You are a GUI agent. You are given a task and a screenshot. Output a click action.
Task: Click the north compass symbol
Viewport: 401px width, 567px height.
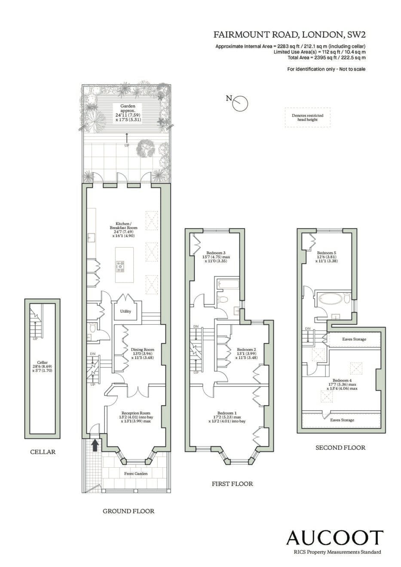(240, 104)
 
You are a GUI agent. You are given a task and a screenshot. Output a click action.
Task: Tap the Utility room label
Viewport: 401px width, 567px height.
(126, 311)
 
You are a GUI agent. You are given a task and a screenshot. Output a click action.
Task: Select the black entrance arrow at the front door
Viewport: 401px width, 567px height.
(95, 445)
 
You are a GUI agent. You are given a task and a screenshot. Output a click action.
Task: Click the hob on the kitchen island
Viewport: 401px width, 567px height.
(120, 267)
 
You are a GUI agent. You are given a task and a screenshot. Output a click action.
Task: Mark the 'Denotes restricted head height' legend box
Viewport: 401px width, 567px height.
(308, 117)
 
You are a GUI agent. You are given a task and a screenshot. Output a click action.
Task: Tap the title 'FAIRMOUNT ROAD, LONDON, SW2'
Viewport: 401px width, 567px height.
(290, 35)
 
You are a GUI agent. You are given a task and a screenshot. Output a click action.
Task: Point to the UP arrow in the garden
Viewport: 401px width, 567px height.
(127, 138)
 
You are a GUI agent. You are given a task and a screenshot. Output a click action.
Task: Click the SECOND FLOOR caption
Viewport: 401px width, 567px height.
(340, 448)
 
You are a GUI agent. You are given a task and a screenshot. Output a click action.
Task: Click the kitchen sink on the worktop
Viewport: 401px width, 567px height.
(92, 238)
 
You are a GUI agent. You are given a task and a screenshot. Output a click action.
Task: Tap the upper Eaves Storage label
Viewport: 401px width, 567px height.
(354, 339)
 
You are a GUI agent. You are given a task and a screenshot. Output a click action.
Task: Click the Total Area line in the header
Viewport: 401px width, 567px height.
(327, 58)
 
